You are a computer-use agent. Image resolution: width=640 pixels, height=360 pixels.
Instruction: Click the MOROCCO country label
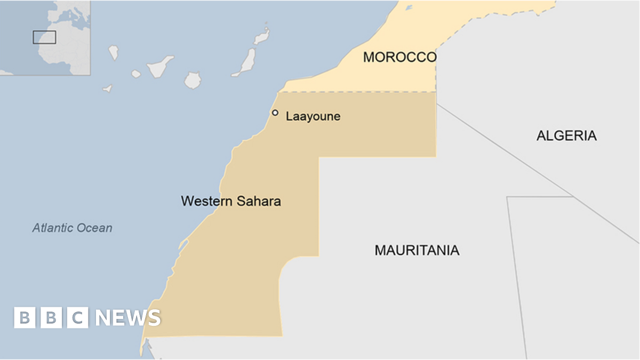pyautogui.click(x=399, y=58)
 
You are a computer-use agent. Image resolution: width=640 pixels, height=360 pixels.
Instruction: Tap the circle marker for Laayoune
pyautogui.click(x=275, y=113)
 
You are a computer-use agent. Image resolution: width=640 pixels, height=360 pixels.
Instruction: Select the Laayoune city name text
pyautogui.click(x=313, y=116)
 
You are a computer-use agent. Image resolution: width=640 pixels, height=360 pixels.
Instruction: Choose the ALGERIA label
pyautogui.click(x=566, y=135)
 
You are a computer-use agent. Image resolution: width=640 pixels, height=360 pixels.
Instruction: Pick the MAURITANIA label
pyautogui.click(x=417, y=250)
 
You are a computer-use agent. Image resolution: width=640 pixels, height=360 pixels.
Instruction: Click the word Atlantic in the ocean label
pyautogui.click(x=51, y=228)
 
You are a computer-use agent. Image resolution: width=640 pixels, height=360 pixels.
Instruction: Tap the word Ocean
pyautogui.click(x=93, y=228)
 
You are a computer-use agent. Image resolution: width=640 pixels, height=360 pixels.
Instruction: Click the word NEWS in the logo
pyautogui.click(x=128, y=318)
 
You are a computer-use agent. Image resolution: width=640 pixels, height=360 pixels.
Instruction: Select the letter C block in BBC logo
pyautogui.click(x=78, y=318)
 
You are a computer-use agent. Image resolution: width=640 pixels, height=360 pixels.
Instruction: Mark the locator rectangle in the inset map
pyautogui.click(x=44, y=37)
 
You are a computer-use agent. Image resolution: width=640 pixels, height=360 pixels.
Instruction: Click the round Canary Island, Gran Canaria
pyautogui.click(x=193, y=81)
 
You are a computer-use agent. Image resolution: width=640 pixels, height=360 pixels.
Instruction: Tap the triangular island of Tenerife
pyautogui.click(x=160, y=67)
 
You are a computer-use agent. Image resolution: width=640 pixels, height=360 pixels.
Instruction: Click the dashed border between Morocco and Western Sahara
pyautogui.click(x=357, y=92)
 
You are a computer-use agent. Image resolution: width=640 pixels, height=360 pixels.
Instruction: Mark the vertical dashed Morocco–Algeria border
pyautogui.click(x=436, y=72)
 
